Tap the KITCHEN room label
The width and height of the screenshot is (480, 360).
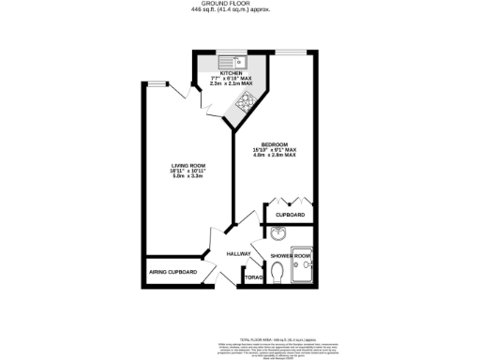click(232, 71)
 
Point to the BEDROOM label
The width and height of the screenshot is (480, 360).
click(274, 144)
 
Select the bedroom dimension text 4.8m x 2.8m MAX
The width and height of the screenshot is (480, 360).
click(274, 156)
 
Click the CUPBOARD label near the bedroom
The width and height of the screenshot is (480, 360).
click(290, 216)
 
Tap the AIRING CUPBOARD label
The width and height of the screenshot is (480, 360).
click(173, 272)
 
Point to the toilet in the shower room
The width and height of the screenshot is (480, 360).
click(277, 272)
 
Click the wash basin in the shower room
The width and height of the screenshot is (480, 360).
click(278, 233)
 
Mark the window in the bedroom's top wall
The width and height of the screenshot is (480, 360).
click(295, 52)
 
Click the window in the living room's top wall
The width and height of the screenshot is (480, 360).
click(156, 83)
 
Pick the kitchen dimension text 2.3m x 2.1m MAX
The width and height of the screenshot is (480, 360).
click(232, 83)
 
